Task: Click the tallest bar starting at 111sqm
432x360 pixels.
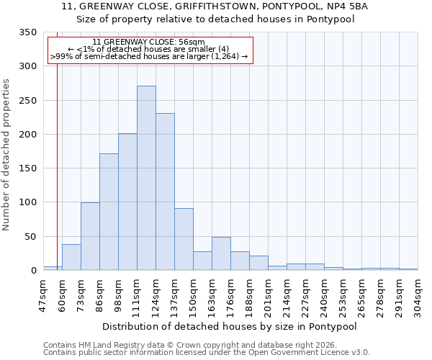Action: [146, 178]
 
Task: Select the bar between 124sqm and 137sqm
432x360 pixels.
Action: [165, 192]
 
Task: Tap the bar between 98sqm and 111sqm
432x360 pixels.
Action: [127, 202]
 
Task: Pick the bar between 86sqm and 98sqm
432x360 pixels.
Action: [109, 212]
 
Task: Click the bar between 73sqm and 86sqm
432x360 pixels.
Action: [90, 236]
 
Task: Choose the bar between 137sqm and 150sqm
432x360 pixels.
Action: [184, 239]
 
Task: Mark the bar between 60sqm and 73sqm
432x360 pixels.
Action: [71, 257]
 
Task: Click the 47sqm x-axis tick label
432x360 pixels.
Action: [43, 294]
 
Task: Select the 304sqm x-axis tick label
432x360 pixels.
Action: [418, 294]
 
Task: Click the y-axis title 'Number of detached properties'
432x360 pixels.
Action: [6, 154]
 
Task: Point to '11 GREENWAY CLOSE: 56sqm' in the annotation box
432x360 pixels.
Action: [149, 42]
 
